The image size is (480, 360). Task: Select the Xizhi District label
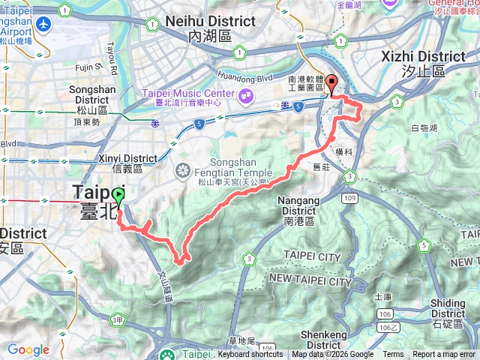424,62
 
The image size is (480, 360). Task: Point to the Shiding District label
448,308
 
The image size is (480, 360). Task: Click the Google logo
28,349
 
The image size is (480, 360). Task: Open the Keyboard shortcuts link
250,355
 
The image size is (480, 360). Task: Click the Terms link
393,355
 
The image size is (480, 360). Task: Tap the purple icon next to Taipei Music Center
245,95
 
